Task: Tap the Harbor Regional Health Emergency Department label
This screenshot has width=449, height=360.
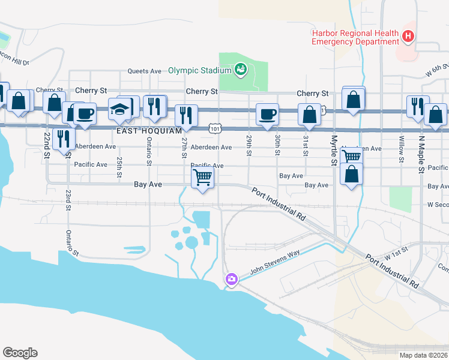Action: pos(355,37)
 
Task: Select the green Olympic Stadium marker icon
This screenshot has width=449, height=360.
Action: pos(241,70)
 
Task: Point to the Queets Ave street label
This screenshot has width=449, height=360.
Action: pos(145,71)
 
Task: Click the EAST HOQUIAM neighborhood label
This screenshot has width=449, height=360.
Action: pos(149,130)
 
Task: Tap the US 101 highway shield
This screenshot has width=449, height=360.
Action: pos(214,128)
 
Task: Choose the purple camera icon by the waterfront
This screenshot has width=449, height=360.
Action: pos(231,279)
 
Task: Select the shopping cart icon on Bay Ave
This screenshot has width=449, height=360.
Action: pos(203,178)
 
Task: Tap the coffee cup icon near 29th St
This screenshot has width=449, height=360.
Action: pos(267,113)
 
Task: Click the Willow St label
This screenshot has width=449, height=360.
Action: pos(400,150)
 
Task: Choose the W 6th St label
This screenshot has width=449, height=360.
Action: pos(437,70)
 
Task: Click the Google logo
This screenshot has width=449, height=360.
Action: pos(20,353)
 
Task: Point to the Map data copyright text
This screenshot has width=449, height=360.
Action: pos(415,355)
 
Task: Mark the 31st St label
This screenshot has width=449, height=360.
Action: pos(306,145)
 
